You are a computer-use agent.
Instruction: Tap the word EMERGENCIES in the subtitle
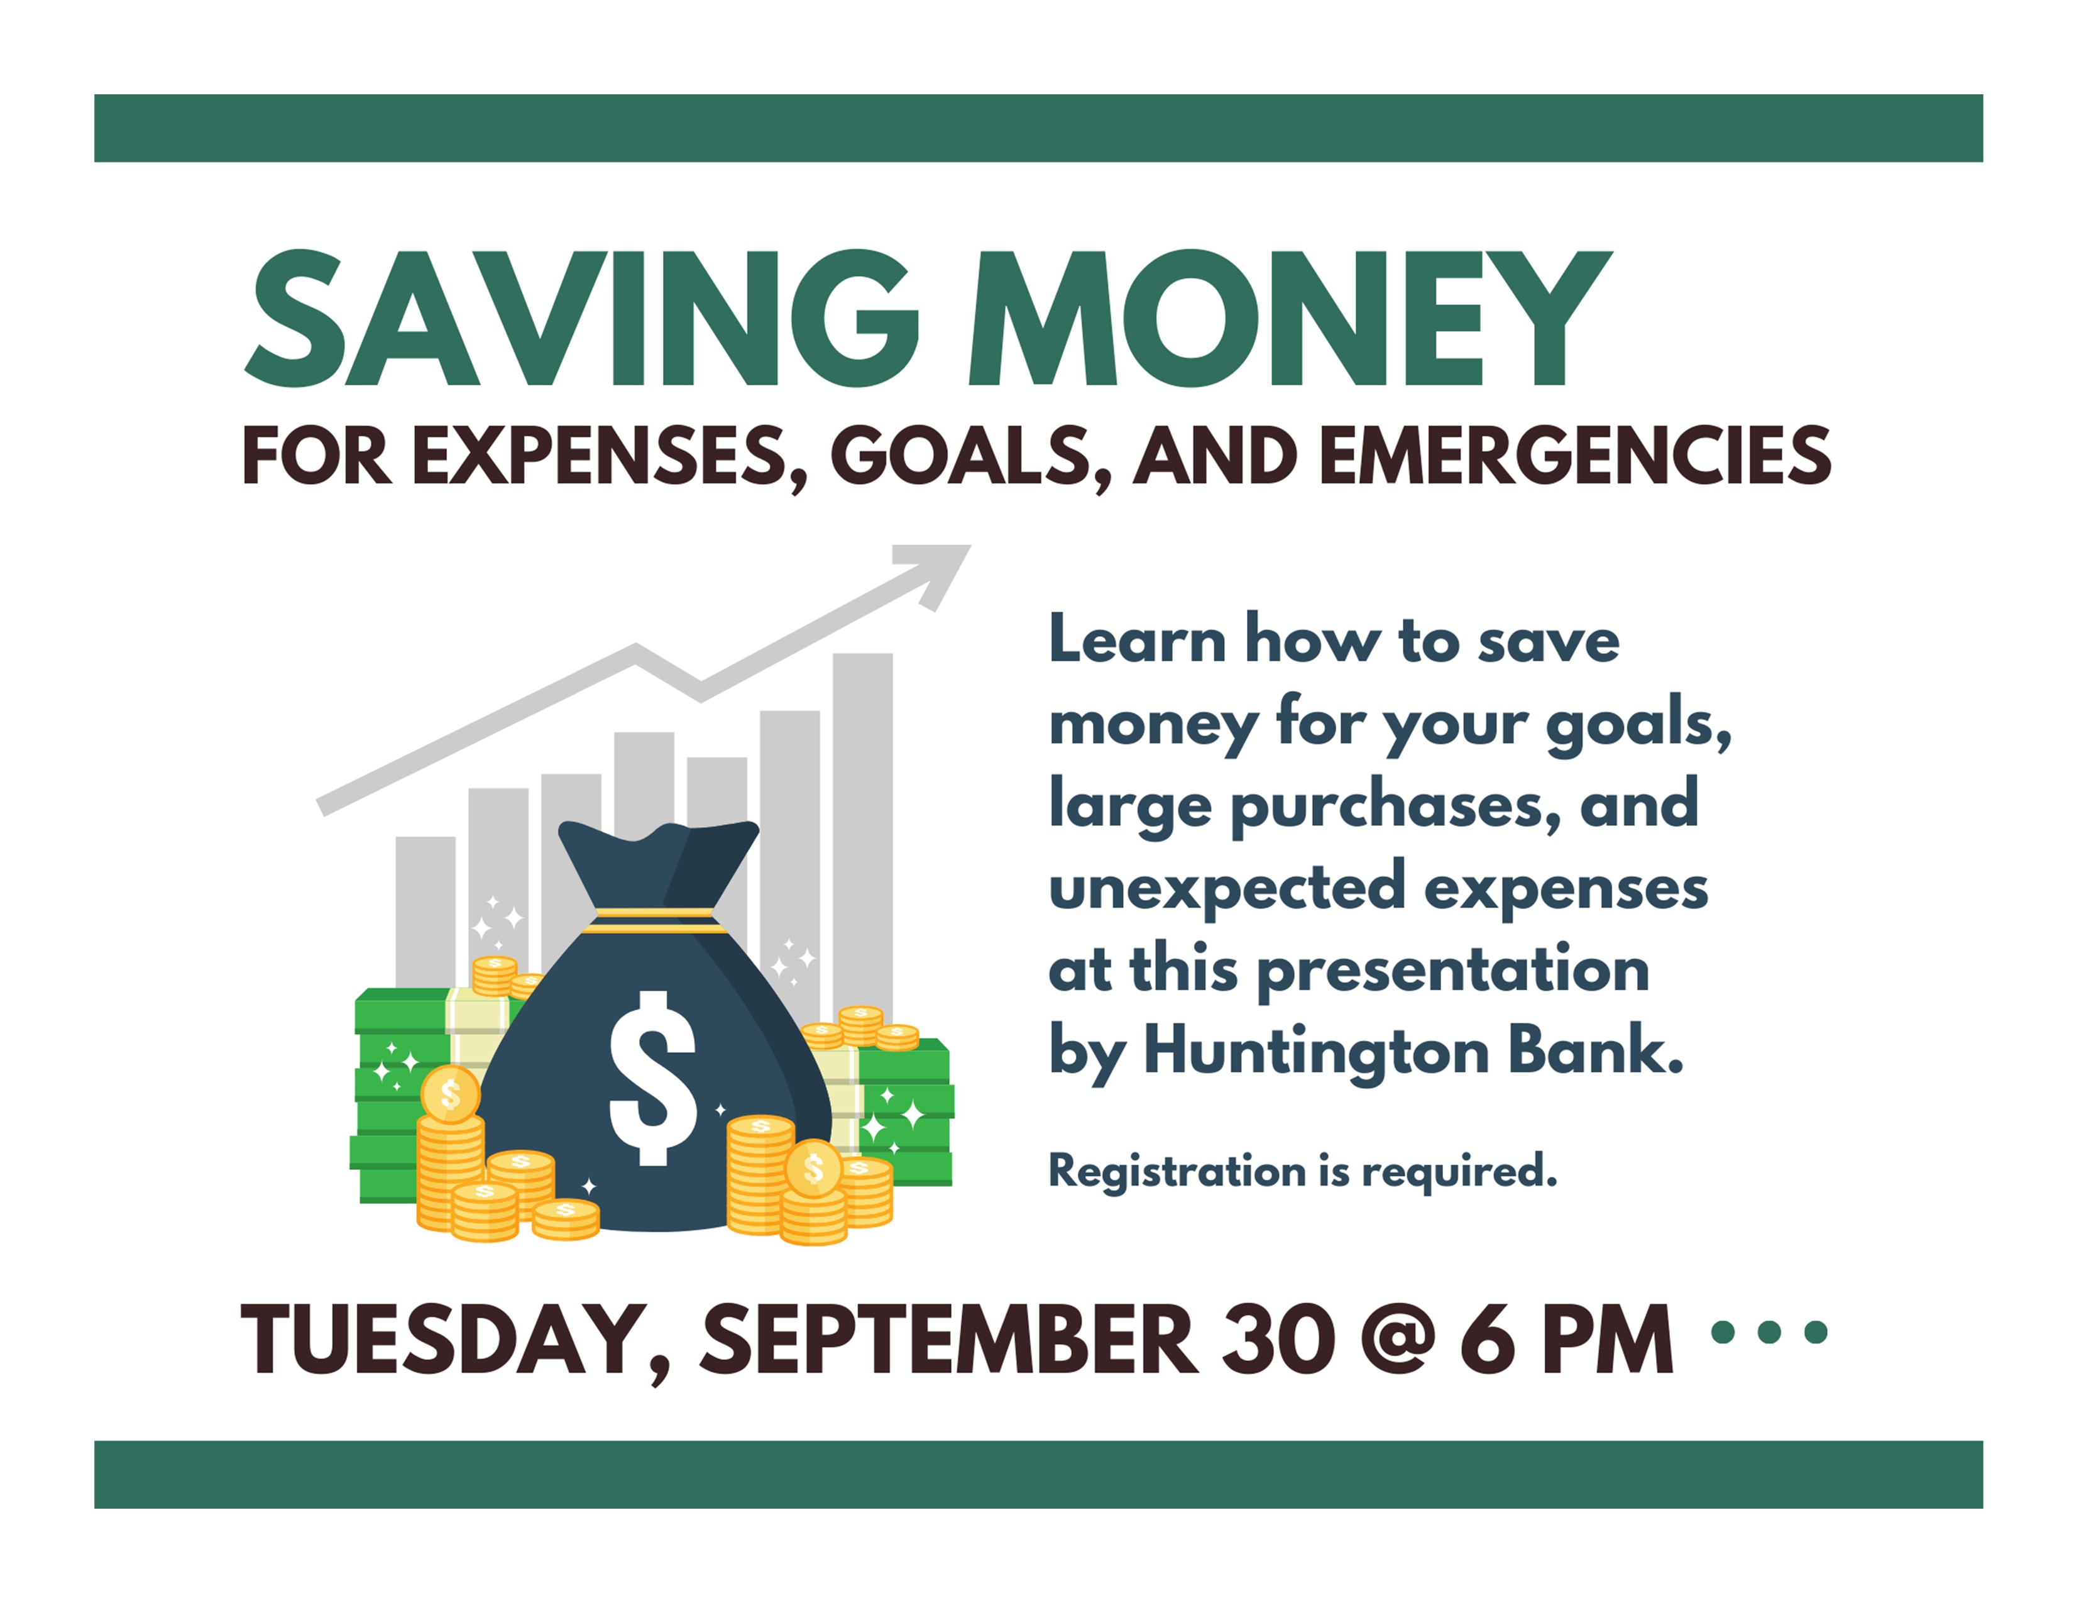[x=1576, y=456]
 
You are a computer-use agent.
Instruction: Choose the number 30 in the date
[x=1277, y=1339]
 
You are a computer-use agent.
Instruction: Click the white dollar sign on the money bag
[x=652, y=1078]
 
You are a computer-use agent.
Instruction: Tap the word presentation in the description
[x=1453, y=971]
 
